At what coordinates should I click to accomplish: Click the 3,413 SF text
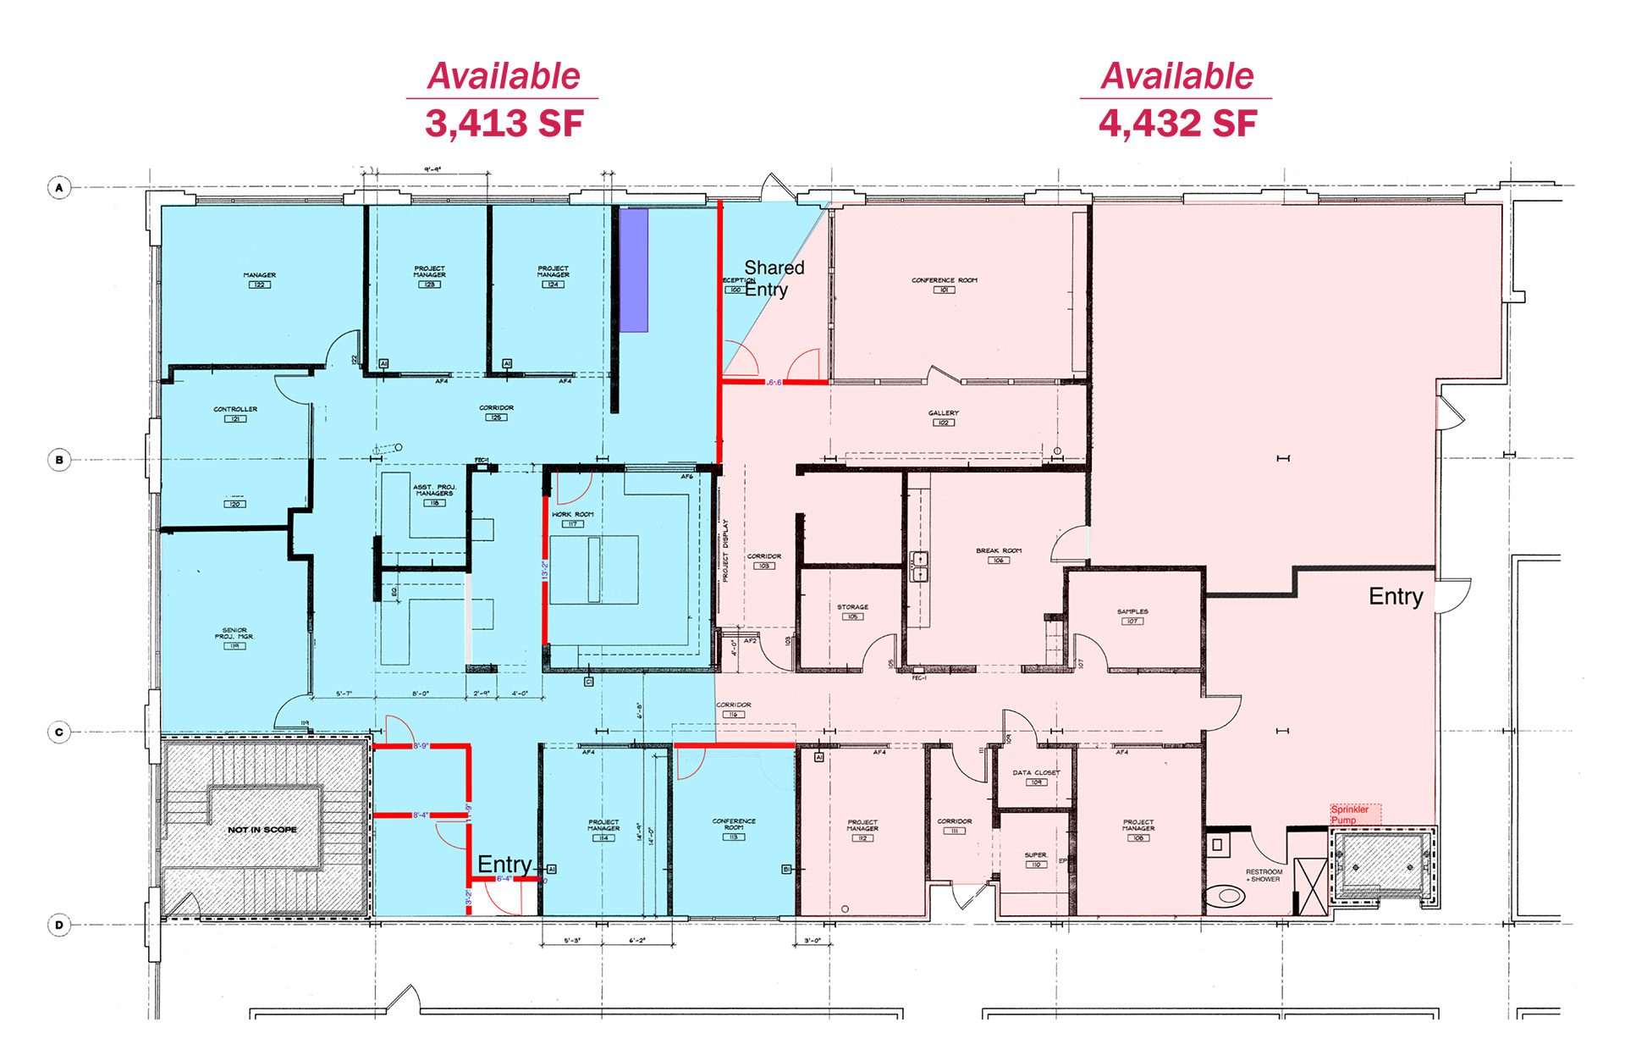coord(504,124)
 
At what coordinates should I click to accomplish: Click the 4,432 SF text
coord(1177,124)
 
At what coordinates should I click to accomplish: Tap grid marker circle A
coord(59,187)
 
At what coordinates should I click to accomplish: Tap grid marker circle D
coord(59,925)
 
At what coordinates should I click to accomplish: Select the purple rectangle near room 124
coord(634,270)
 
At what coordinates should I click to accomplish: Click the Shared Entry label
coord(772,279)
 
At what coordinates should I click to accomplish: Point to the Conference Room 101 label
coord(944,285)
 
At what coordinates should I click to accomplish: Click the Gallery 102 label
coord(943,417)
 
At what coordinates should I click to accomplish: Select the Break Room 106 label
coord(998,555)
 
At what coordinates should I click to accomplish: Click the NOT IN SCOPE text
coord(262,830)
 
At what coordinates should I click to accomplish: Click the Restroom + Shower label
coord(1264,876)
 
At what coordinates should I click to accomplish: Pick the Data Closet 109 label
coord(1036,776)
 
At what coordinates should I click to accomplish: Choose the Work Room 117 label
coord(573,518)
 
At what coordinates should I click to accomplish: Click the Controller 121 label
coord(235,413)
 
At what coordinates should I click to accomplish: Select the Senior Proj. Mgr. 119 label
coord(234,638)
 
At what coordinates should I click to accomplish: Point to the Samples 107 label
coord(1132,616)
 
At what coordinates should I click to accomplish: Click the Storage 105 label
coord(852,611)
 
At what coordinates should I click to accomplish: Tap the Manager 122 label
coord(259,279)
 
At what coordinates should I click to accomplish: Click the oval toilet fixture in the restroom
coord(1220,895)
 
